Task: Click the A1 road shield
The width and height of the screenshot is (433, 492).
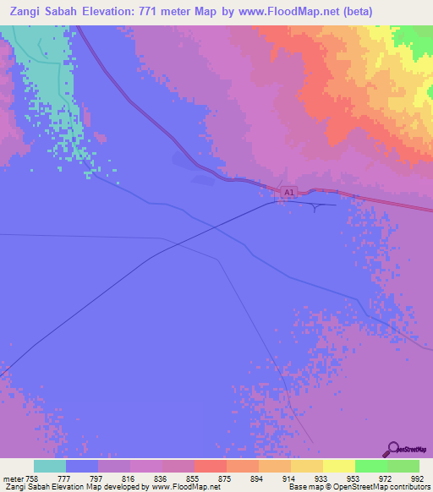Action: click(x=288, y=194)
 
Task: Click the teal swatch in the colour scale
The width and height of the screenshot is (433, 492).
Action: click(x=50, y=466)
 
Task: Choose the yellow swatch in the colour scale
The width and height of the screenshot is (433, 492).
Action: click(x=338, y=466)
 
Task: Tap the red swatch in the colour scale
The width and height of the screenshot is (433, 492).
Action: click(x=210, y=466)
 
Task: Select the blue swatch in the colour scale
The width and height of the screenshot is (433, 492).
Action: click(x=82, y=466)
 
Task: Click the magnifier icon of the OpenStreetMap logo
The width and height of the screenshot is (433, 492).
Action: click(x=392, y=449)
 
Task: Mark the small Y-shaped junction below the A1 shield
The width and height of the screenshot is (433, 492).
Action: click(x=316, y=207)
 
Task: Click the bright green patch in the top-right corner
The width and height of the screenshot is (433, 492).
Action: click(x=416, y=36)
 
